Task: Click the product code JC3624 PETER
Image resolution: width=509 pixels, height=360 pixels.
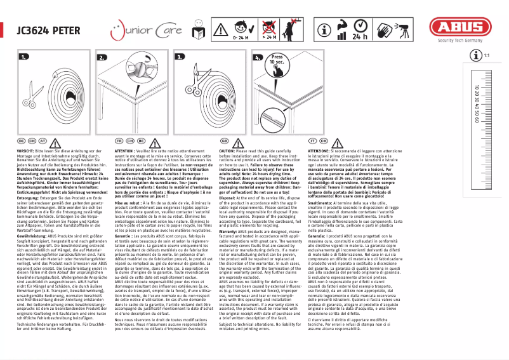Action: coord(47,29)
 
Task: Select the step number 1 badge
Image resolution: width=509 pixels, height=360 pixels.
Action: coord(24,57)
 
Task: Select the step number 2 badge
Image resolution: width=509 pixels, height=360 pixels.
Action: coord(103,57)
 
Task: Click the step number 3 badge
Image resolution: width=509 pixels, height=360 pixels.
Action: coord(181,57)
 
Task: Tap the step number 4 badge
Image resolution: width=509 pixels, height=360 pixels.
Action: coord(258,57)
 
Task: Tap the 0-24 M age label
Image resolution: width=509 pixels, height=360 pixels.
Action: coord(241,38)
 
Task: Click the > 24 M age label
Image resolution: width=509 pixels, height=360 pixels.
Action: coord(270,38)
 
